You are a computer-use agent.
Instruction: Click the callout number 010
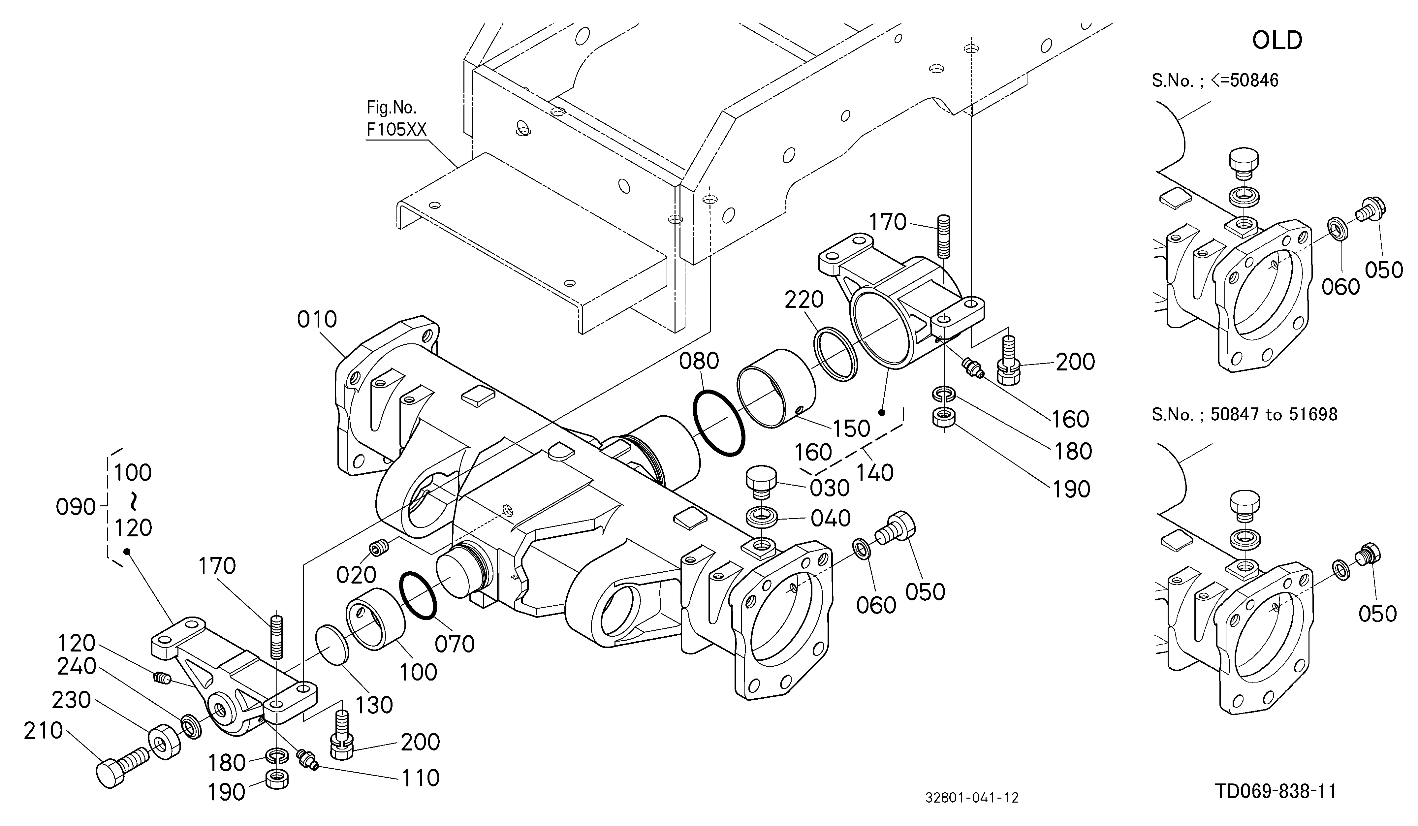[x=317, y=320]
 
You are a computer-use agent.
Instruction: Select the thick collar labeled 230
[x=164, y=741]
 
